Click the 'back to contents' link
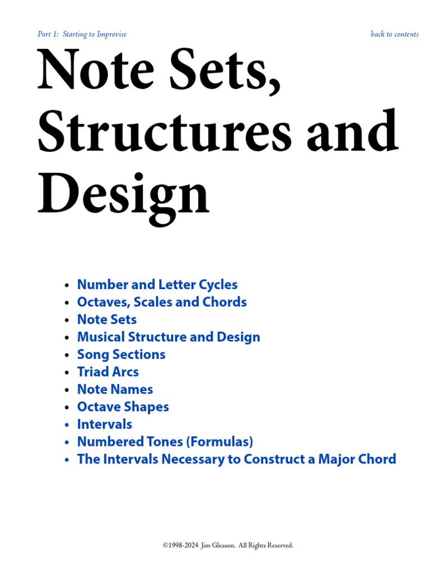[x=394, y=34]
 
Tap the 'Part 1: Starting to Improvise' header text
[x=82, y=34]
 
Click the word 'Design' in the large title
[x=123, y=193]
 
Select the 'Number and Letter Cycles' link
[x=157, y=285]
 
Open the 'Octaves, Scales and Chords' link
[x=161, y=302]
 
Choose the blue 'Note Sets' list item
[x=106, y=319]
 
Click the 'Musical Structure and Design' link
[x=168, y=337]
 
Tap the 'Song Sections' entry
[x=121, y=354]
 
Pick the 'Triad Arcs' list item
[x=107, y=372]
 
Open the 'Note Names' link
[x=115, y=389]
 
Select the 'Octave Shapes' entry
[x=123, y=407]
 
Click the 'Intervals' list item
[x=104, y=424]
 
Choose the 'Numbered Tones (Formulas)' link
[x=165, y=442]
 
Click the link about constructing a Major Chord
[x=236, y=459]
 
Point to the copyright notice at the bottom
[x=228, y=545]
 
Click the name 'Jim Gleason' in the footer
[x=216, y=545]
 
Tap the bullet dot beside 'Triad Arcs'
[x=67, y=372]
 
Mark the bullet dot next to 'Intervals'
[x=67, y=425]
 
